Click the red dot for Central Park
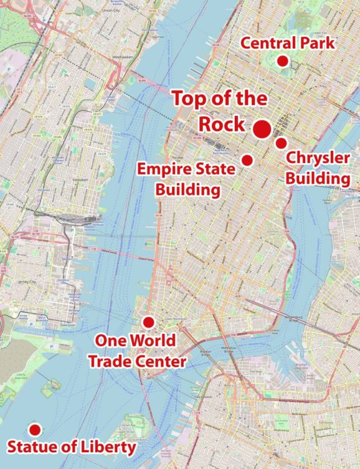point(282,61)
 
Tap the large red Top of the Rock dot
point(262,129)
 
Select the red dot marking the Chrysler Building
point(282,143)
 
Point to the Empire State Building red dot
point(247,160)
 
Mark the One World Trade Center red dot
point(148,322)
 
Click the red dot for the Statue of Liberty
point(35,430)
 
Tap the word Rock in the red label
point(222,124)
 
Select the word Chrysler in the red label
point(318,158)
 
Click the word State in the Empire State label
point(216,169)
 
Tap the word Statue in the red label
point(31,447)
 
